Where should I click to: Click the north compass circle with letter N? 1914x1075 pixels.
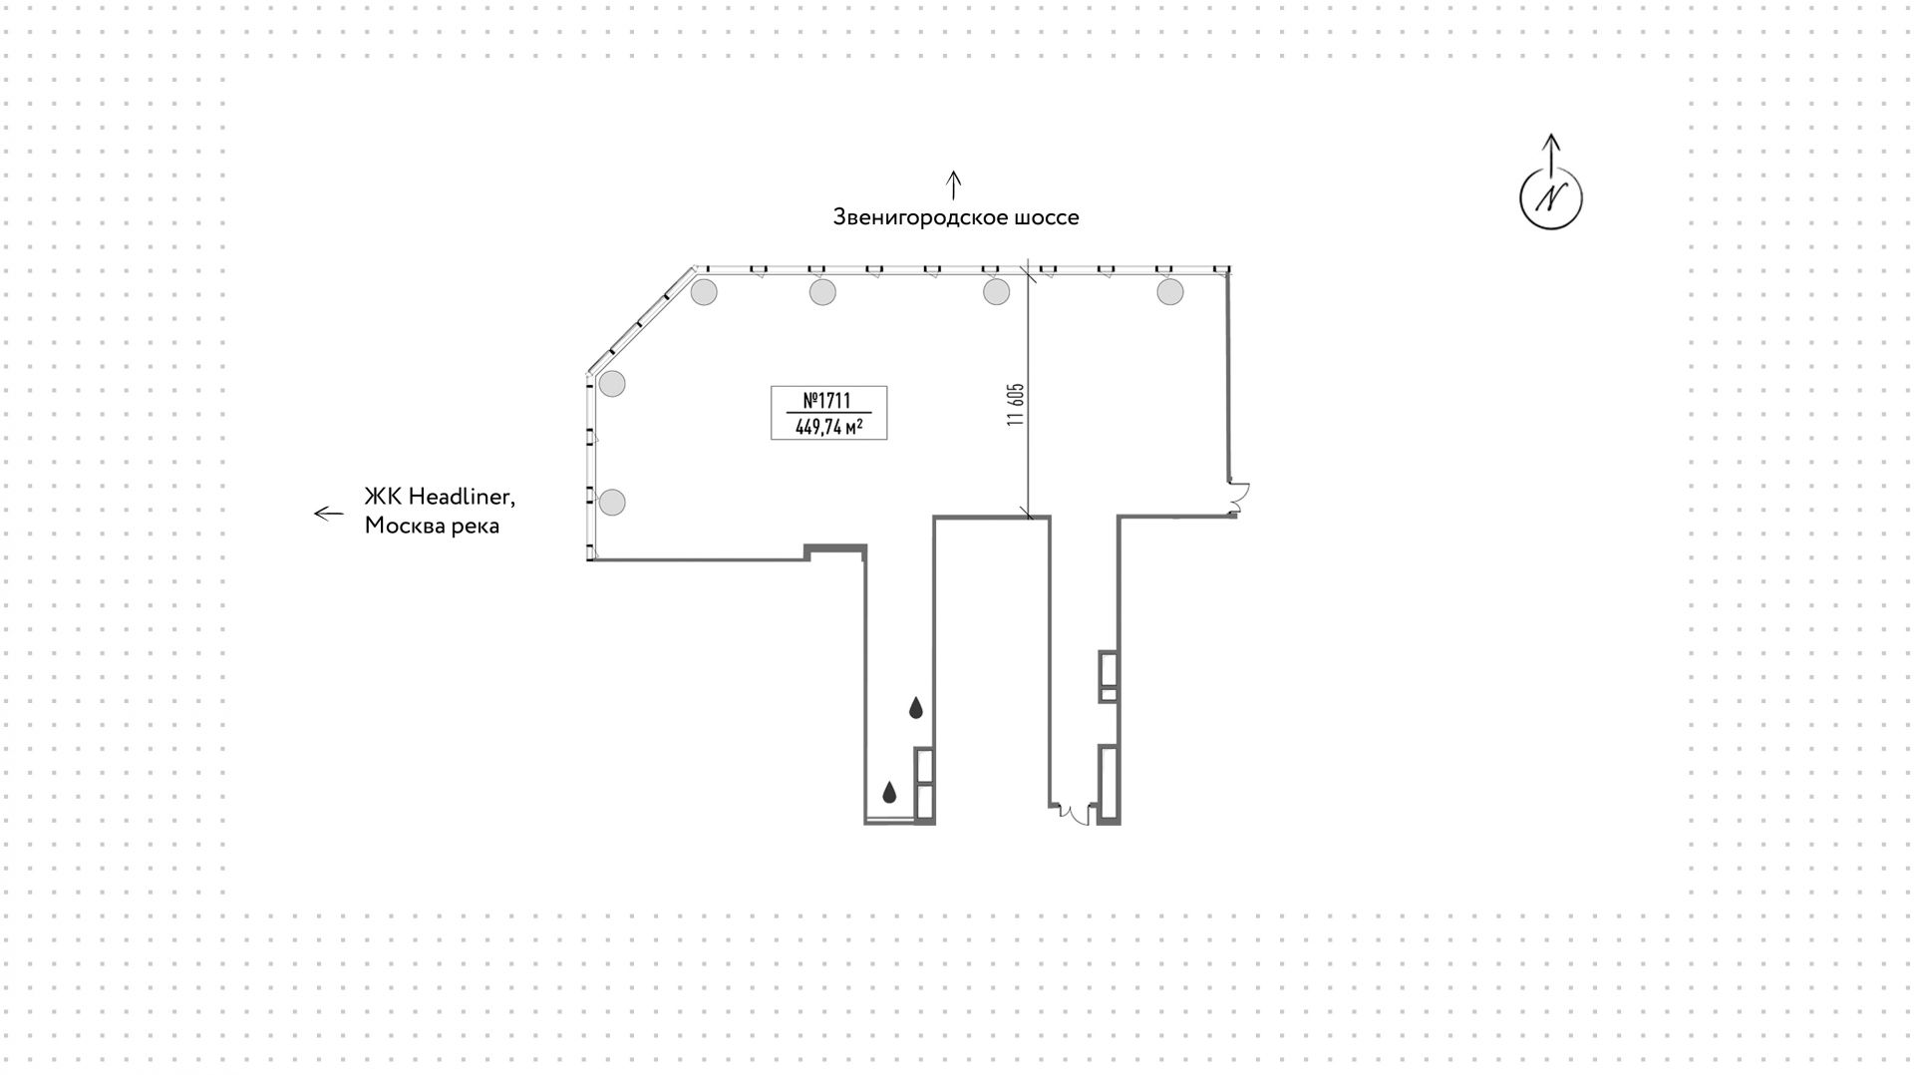point(1550,197)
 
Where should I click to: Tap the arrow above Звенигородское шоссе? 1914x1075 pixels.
point(954,184)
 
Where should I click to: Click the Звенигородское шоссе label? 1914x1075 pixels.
point(956,217)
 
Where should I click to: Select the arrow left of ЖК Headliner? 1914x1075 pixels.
point(329,514)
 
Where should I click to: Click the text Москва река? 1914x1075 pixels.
point(432,526)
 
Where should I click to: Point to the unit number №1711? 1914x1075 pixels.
point(827,400)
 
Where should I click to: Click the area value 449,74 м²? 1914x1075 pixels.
point(828,427)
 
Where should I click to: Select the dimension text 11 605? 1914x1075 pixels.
point(1016,405)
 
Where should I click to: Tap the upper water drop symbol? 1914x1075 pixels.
point(916,708)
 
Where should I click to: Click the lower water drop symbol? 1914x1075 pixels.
point(889,793)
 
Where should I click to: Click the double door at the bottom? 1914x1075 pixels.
point(1073,815)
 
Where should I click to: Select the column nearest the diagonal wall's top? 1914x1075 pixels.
point(704,292)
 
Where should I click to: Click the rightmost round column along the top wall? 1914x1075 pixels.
point(1170,292)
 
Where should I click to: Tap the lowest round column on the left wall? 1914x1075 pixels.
point(612,503)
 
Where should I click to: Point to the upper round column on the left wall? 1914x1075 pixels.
point(612,383)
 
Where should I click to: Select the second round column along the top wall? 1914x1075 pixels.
point(822,292)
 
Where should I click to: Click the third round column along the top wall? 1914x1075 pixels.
point(996,292)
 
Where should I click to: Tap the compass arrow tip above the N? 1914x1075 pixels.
point(1551,135)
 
